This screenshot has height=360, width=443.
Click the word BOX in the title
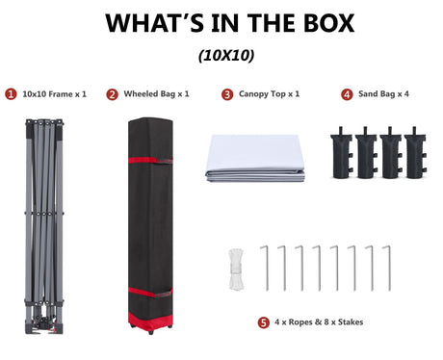328,23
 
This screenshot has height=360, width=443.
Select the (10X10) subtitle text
226,56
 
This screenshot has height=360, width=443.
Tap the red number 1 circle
11,94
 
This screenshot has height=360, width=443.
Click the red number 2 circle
112,94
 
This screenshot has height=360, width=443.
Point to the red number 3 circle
227,94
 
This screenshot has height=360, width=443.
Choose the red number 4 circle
347,94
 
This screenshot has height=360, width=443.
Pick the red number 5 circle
263,322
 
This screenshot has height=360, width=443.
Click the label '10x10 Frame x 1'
54,94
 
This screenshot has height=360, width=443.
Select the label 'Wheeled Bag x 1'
156,94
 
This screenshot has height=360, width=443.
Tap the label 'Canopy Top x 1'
269,94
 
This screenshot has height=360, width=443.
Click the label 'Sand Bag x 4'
383,94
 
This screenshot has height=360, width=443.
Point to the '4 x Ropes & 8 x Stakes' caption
319,321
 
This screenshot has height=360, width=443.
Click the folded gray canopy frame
44,226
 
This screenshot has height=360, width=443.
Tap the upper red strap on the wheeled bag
150,160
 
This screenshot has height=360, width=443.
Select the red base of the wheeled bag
150,321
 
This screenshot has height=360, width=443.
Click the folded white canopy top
255,158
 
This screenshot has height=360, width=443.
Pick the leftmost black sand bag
342,153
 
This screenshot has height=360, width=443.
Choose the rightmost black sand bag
415,153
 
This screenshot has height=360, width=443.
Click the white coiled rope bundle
236,270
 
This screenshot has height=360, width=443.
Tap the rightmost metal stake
389,269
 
